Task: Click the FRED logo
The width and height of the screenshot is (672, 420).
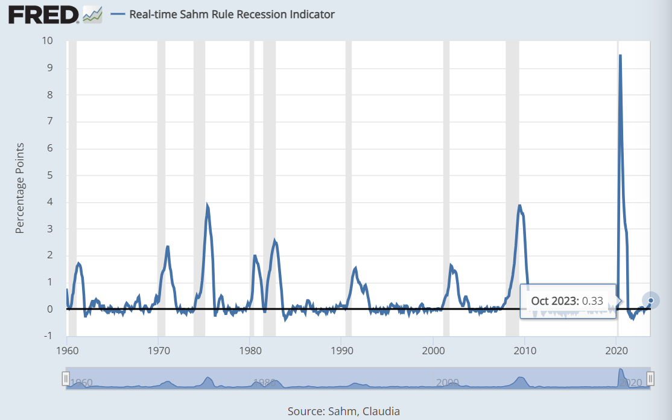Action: click(43, 14)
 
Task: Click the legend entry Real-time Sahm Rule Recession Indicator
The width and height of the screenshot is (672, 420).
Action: click(232, 14)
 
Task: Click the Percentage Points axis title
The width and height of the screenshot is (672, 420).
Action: click(20, 188)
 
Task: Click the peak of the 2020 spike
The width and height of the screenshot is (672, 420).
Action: click(620, 56)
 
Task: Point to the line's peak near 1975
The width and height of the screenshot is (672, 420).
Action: click(207, 205)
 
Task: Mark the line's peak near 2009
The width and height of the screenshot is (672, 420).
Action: click(519, 205)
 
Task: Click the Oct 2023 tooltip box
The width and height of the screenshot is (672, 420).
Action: click(567, 301)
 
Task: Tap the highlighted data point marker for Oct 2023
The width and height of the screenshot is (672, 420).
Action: click(650, 300)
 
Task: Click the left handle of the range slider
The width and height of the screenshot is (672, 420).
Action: click(66, 378)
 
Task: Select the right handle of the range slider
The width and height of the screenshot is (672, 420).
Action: click(650, 378)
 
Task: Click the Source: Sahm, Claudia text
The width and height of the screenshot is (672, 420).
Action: click(344, 412)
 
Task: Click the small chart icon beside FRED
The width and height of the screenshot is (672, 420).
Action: click(92, 14)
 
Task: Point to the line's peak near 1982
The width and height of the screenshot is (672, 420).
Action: click(274, 241)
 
